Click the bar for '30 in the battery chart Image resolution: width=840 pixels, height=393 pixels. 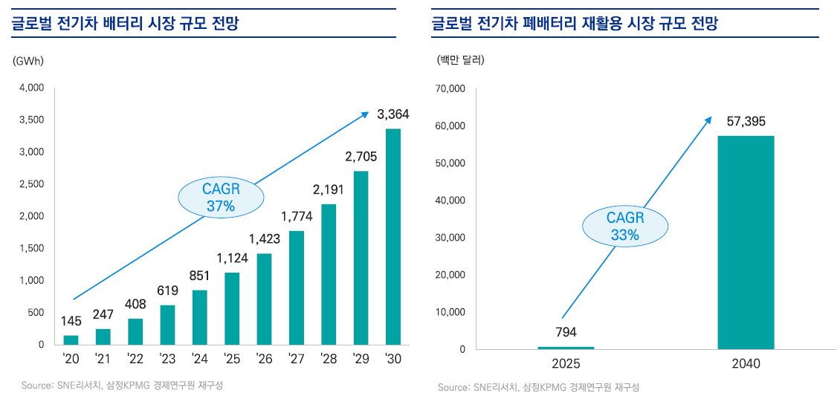click(x=393, y=236)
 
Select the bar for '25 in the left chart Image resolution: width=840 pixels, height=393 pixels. click(x=232, y=308)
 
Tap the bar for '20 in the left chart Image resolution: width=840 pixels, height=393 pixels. click(x=71, y=340)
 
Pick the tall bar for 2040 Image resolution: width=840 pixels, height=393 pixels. click(x=746, y=242)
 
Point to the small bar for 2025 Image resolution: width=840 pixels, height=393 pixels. click(x=566, y=347)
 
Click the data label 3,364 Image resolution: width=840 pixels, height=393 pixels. click(x=393, y=114)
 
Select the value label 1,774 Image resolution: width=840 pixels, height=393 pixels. click(x=297, y=216)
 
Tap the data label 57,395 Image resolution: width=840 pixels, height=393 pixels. click(x=746, y=121)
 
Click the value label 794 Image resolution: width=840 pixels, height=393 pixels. click(x=566, y=332)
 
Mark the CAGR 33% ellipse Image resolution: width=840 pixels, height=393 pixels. click(x=625, y=226)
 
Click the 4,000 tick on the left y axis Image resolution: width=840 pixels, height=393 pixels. click(x=31, y=88)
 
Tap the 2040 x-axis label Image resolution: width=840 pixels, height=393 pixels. click(x=746, y=365)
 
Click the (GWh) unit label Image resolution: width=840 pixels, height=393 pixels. click(x=28, y=61)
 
